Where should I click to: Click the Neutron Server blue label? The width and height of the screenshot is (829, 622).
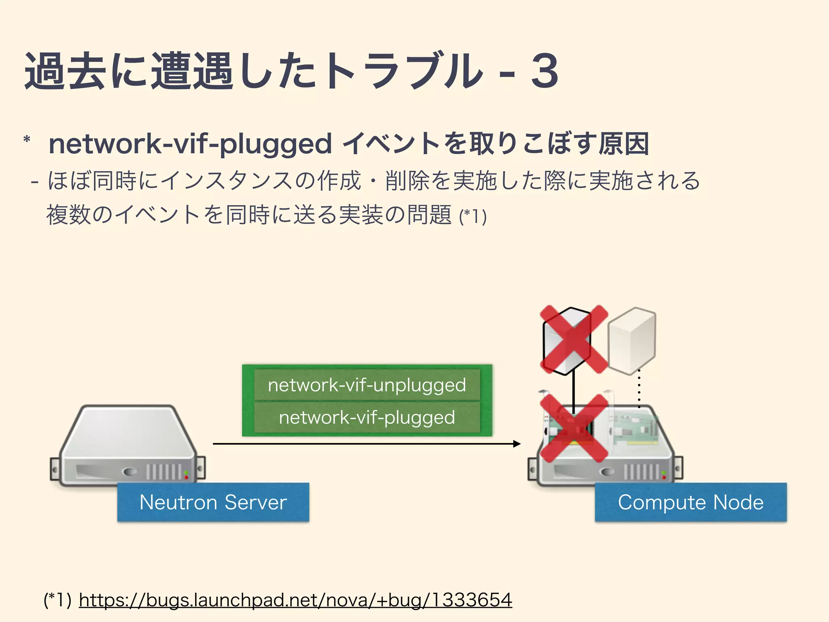213,502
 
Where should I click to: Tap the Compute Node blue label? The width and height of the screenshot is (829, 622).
691,502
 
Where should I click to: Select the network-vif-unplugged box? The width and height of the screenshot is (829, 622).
367,385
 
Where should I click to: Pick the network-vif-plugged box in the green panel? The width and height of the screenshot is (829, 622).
367,418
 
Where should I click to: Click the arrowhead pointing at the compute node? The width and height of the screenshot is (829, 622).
517,444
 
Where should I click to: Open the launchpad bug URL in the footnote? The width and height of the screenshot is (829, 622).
295,600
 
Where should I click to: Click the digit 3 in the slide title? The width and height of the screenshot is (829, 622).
545,71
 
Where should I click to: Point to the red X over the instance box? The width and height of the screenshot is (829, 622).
574,339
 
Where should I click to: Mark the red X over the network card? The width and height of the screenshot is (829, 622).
574,428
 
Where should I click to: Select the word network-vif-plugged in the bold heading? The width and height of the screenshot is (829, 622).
190,144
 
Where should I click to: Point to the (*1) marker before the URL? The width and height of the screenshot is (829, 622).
57,600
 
